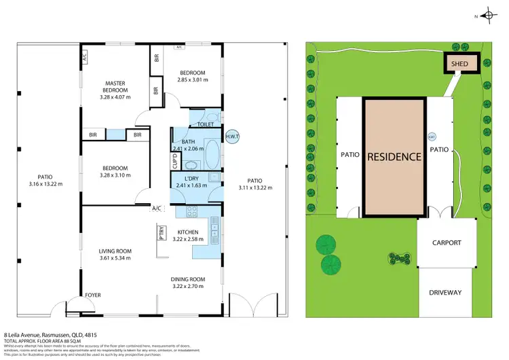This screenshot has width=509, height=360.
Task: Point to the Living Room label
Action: coord(115,251)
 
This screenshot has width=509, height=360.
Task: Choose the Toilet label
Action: coord(207,125)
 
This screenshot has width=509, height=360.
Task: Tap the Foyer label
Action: coord(93,295)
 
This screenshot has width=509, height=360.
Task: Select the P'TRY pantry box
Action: coord(162,233)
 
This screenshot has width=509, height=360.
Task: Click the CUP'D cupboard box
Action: coord(174,162)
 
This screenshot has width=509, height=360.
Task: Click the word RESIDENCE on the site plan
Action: coord(394,156)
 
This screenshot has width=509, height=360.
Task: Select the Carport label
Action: coord(446,242)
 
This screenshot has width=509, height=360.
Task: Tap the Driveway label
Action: coord(445,293)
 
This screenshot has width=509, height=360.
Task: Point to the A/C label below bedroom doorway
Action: coord(157,208)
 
